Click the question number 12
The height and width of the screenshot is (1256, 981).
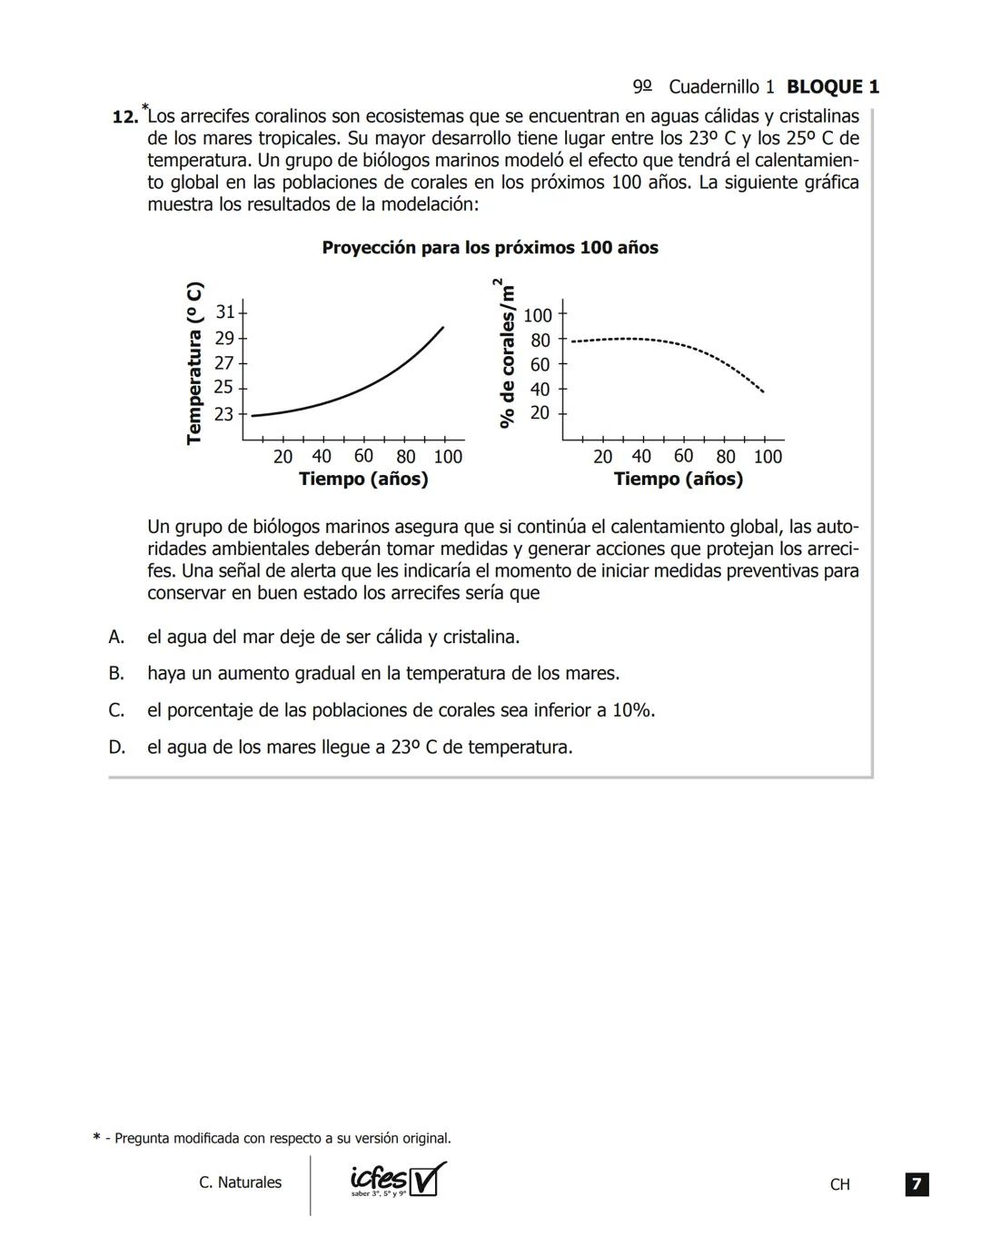click(124, 117)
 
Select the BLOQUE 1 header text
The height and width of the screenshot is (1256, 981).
click(832, 87)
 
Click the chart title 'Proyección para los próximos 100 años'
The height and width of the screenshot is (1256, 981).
click(490, 248)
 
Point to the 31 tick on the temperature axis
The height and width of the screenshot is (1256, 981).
click(224, 312)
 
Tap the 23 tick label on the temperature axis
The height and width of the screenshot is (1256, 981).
click(224, 414)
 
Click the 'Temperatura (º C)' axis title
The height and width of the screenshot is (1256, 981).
click(193, 363)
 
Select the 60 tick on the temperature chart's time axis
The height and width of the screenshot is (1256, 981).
click(363, 456)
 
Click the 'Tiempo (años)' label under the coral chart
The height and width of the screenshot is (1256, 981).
click(678, 480)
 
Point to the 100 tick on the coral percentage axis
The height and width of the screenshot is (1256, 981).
click(538, 316)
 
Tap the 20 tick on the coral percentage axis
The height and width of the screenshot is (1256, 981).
click(540, 413)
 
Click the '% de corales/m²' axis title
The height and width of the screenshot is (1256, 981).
click(508, 354)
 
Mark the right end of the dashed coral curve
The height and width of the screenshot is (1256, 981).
click(763, 391)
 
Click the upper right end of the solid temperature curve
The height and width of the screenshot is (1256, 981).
click(443, 327)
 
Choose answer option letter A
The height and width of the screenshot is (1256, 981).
click(116, 638)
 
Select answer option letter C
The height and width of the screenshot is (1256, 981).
click(116, 711)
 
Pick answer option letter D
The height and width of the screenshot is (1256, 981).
click(116, 747)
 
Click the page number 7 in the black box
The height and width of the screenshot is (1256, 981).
click(917, 1184)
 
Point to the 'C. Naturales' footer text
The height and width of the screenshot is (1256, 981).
click(240, 1182)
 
